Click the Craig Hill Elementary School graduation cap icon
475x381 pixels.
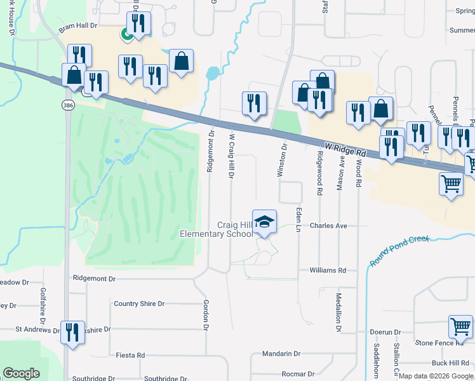click(x=265, y=222)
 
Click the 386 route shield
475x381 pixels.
click(x=69, y=105)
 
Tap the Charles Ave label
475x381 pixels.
click(x=328, y=225)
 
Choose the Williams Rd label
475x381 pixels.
click(x=328, y=270)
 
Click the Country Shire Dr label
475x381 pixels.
click(x=139, y=304)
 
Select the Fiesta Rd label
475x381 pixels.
click(x=130, y=355)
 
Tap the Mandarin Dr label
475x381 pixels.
click(x=283, y=353)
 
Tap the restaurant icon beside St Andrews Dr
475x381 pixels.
click(x=72, y=332)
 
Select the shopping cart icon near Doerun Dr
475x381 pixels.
click(x=460, y=326)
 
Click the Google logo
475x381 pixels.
click(x=21, y=374)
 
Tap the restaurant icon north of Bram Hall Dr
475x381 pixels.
click(x=138, y=23)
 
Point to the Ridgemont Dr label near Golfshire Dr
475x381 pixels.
click(x=94, y=278)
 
